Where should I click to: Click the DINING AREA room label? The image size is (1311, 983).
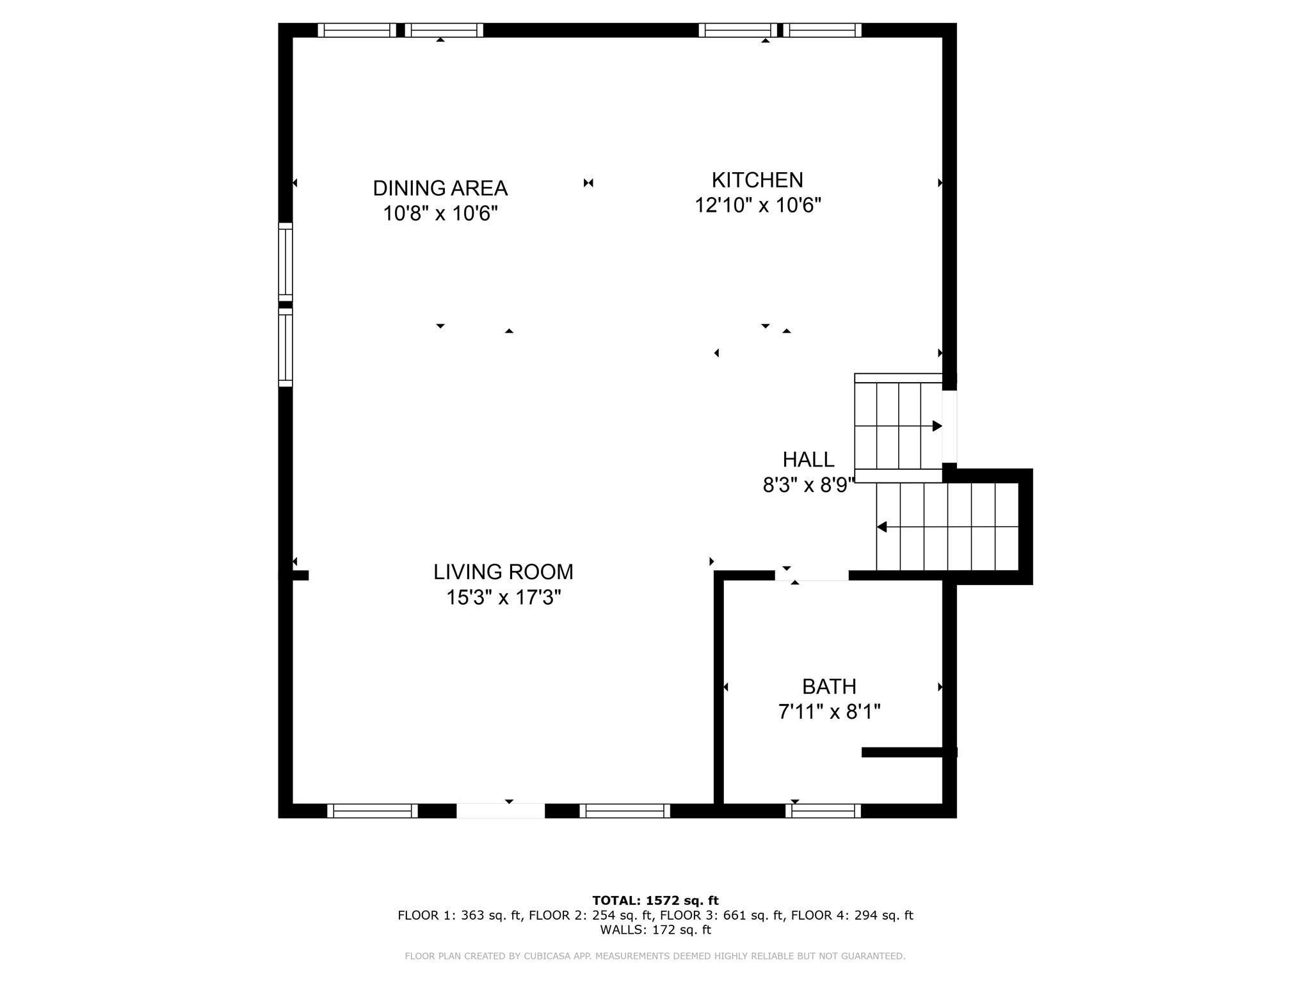[440, 188]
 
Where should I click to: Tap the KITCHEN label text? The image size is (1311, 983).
[757, 180]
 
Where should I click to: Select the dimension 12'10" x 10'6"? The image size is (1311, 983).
[758, 205]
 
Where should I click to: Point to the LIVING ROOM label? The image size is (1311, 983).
[503, 571]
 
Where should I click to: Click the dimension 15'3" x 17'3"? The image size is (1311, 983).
[503, 598]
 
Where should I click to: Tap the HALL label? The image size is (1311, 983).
[808, 460]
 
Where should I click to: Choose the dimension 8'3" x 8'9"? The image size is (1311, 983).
[808, 486]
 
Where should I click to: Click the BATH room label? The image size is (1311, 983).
[829, 687]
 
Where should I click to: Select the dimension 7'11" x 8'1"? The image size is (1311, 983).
[829, 712]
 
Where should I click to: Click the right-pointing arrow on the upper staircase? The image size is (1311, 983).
[937, 426]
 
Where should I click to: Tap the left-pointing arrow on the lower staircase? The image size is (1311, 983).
[882, 527]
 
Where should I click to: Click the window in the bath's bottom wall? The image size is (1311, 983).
[823, 811]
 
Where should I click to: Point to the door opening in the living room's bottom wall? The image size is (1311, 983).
[501, 811]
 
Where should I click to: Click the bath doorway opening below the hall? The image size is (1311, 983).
[812, 576]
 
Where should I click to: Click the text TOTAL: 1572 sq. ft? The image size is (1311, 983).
[655, 900]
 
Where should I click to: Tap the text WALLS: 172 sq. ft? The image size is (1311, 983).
[655, 930]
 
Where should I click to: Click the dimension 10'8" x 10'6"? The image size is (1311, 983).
[440, 213]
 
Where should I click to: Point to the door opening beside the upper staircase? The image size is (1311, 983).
[950, 426]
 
